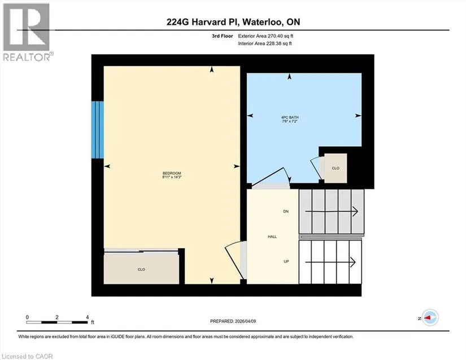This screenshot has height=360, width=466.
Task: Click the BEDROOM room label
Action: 172,173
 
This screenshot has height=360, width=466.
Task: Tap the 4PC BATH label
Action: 290,117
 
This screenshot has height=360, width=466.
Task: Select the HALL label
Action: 272,236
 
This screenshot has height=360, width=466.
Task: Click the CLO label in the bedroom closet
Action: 141,270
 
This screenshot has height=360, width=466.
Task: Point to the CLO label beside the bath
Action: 336,168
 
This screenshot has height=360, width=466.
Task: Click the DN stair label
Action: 286,212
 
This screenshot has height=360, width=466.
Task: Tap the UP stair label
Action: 286,261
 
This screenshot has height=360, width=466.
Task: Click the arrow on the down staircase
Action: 332,212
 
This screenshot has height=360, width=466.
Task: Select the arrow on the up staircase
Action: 330,262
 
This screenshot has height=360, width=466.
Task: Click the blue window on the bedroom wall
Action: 98,130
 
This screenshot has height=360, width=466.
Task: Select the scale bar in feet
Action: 57,322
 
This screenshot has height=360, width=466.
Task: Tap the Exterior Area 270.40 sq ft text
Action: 265,36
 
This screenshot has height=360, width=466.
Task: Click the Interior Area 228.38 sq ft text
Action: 265,43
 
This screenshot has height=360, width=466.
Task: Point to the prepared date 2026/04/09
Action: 233,321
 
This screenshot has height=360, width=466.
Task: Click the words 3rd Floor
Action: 223,36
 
